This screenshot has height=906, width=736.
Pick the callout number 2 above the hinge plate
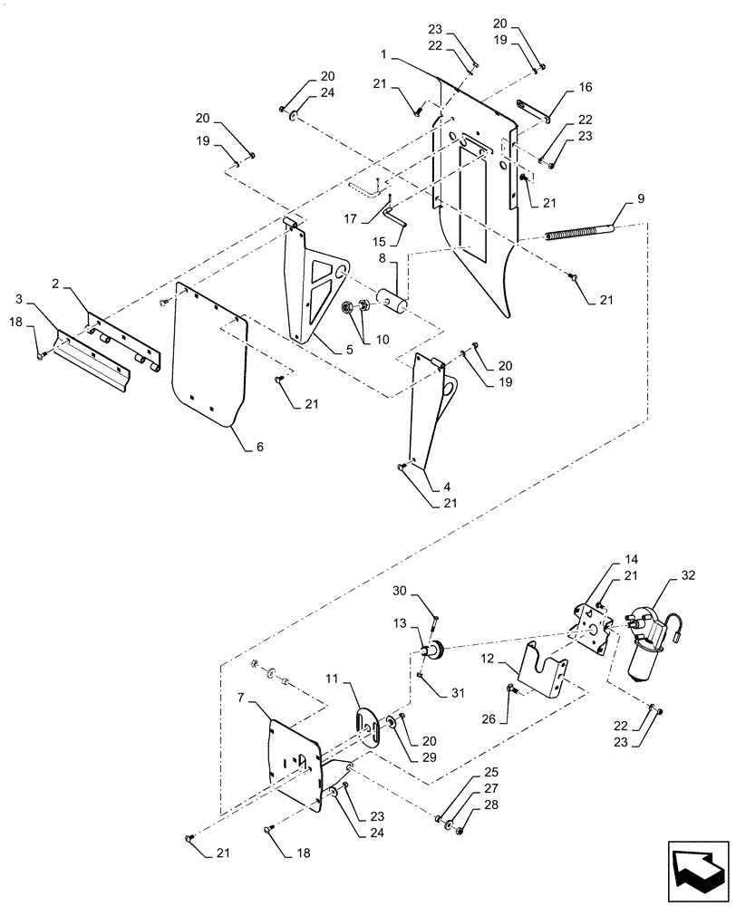coord(56,284)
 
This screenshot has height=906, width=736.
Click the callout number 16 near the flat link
coord(585,89)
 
